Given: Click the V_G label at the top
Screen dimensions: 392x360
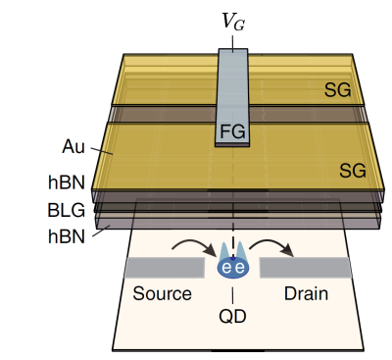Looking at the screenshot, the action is (x=233, y=22).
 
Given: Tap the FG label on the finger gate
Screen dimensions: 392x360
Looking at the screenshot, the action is (x=232, y=131).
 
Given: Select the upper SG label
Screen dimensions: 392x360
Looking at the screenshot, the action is (x=337, y=89).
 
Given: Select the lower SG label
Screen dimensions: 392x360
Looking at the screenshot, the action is (x=353, y=171).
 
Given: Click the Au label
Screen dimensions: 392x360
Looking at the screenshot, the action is (x=73, y=146).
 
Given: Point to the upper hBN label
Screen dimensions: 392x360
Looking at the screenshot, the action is (x=67, y=182).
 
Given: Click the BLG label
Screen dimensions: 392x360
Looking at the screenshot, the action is (x=67, y=210).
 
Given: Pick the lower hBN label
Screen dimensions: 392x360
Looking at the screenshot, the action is (x=67, y=236).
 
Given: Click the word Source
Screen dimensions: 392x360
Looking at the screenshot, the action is (x=162, y=293).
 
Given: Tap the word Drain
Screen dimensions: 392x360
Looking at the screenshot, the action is (x=306, y=293).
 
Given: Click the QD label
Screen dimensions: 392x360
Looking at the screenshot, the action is (x=232, y=316).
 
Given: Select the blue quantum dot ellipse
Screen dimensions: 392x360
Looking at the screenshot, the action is (x=233, y=268).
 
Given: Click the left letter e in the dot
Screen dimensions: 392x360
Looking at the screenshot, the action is (x=226, y=268).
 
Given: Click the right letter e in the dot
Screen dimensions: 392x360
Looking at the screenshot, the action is (x=240, y=268).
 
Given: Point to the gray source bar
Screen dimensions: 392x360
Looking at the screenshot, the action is (x=165, y=268).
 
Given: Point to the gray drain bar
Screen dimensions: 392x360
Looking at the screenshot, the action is (x=306, y=268).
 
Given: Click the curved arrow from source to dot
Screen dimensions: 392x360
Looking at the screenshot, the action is (x=195, y=243).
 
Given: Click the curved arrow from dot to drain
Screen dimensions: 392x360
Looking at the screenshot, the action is (x=271, y=243).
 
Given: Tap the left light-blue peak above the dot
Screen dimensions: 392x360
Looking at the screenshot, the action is (x=225, y=251).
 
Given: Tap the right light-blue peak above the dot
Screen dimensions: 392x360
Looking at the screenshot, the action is (x=241, y=251).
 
